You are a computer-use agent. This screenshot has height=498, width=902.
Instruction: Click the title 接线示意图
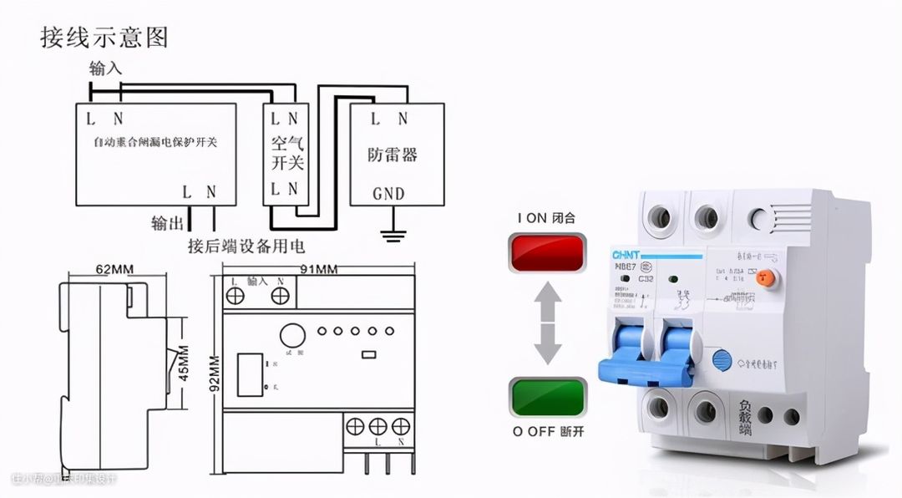(104, 37)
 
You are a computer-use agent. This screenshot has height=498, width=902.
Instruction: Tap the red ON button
(547, 253)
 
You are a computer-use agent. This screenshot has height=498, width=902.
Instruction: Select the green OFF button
(547, 397)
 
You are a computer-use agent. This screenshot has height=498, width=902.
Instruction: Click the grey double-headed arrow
(547, 323)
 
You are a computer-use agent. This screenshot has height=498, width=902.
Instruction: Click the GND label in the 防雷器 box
(388, 194)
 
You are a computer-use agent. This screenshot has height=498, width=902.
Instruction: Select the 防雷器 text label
(393, 155)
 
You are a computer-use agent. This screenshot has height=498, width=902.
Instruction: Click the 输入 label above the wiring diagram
(106, 69)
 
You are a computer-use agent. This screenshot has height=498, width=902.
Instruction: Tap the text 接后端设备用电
(246, 246)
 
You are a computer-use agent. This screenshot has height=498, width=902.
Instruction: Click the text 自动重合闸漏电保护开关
(155, 142)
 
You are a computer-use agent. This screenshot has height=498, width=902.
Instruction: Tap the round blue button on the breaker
(720, 360)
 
